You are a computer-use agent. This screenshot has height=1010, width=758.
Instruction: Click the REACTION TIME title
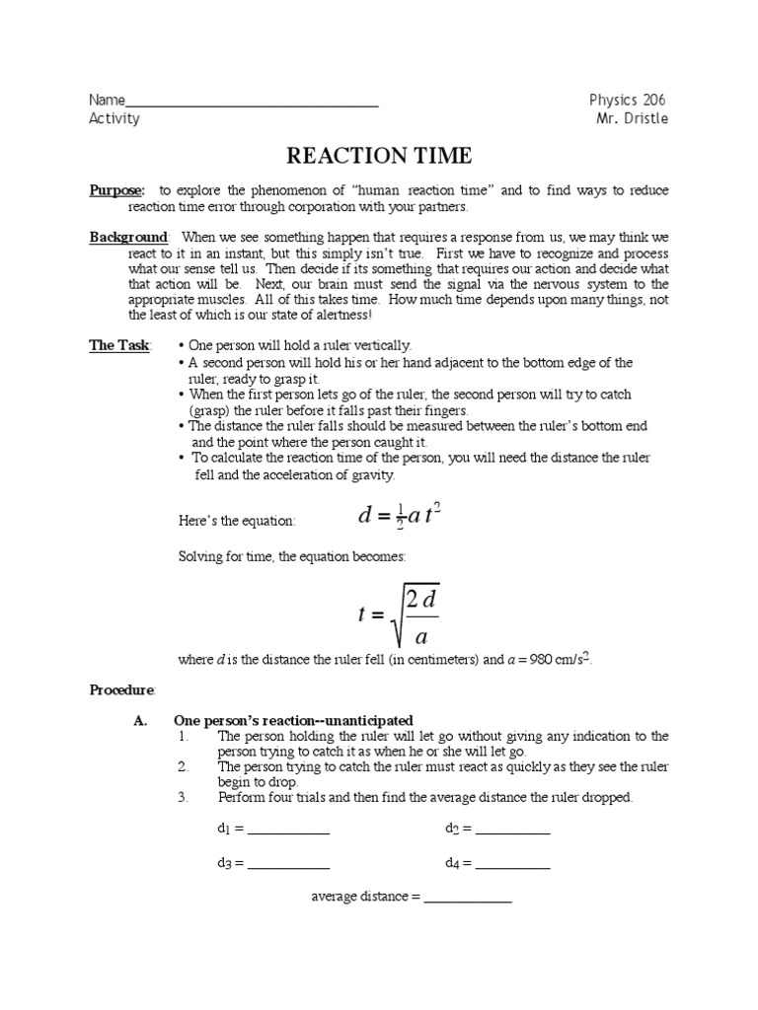point(379,156)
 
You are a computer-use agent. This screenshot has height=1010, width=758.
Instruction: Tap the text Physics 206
point(628,100)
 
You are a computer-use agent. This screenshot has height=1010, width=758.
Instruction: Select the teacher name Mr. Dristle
point(632,118)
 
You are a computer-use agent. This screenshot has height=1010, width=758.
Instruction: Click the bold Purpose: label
point(116,190)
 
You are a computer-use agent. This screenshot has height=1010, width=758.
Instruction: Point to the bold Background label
point(129,238)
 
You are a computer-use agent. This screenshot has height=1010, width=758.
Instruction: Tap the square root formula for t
point(400,614)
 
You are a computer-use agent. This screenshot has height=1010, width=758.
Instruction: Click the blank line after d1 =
point(288,830)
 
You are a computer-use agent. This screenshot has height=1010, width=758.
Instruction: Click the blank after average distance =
point(468,900)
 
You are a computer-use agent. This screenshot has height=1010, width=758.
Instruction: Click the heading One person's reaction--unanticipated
point(293,720)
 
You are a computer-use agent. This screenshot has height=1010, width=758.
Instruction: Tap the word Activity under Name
point(114,119)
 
